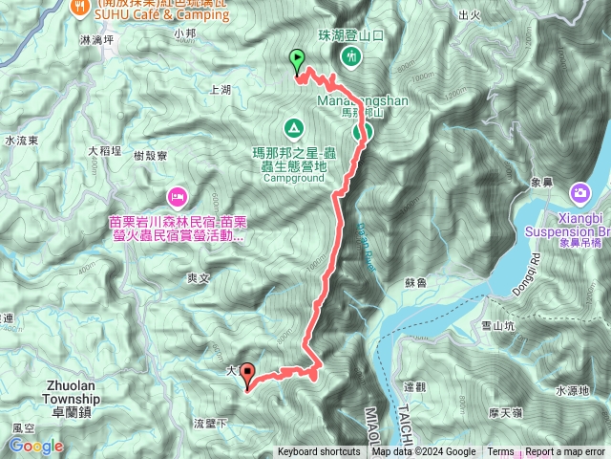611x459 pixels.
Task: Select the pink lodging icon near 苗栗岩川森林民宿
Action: pos(177,198)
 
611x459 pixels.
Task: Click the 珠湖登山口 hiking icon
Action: pos(351,57)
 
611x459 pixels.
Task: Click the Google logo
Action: pos(37,446)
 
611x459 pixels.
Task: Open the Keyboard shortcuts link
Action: pos(319,452)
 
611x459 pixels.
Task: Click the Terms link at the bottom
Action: pos(500,452)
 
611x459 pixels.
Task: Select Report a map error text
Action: pos(566,452)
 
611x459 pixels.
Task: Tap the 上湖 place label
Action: pos(219,88)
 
